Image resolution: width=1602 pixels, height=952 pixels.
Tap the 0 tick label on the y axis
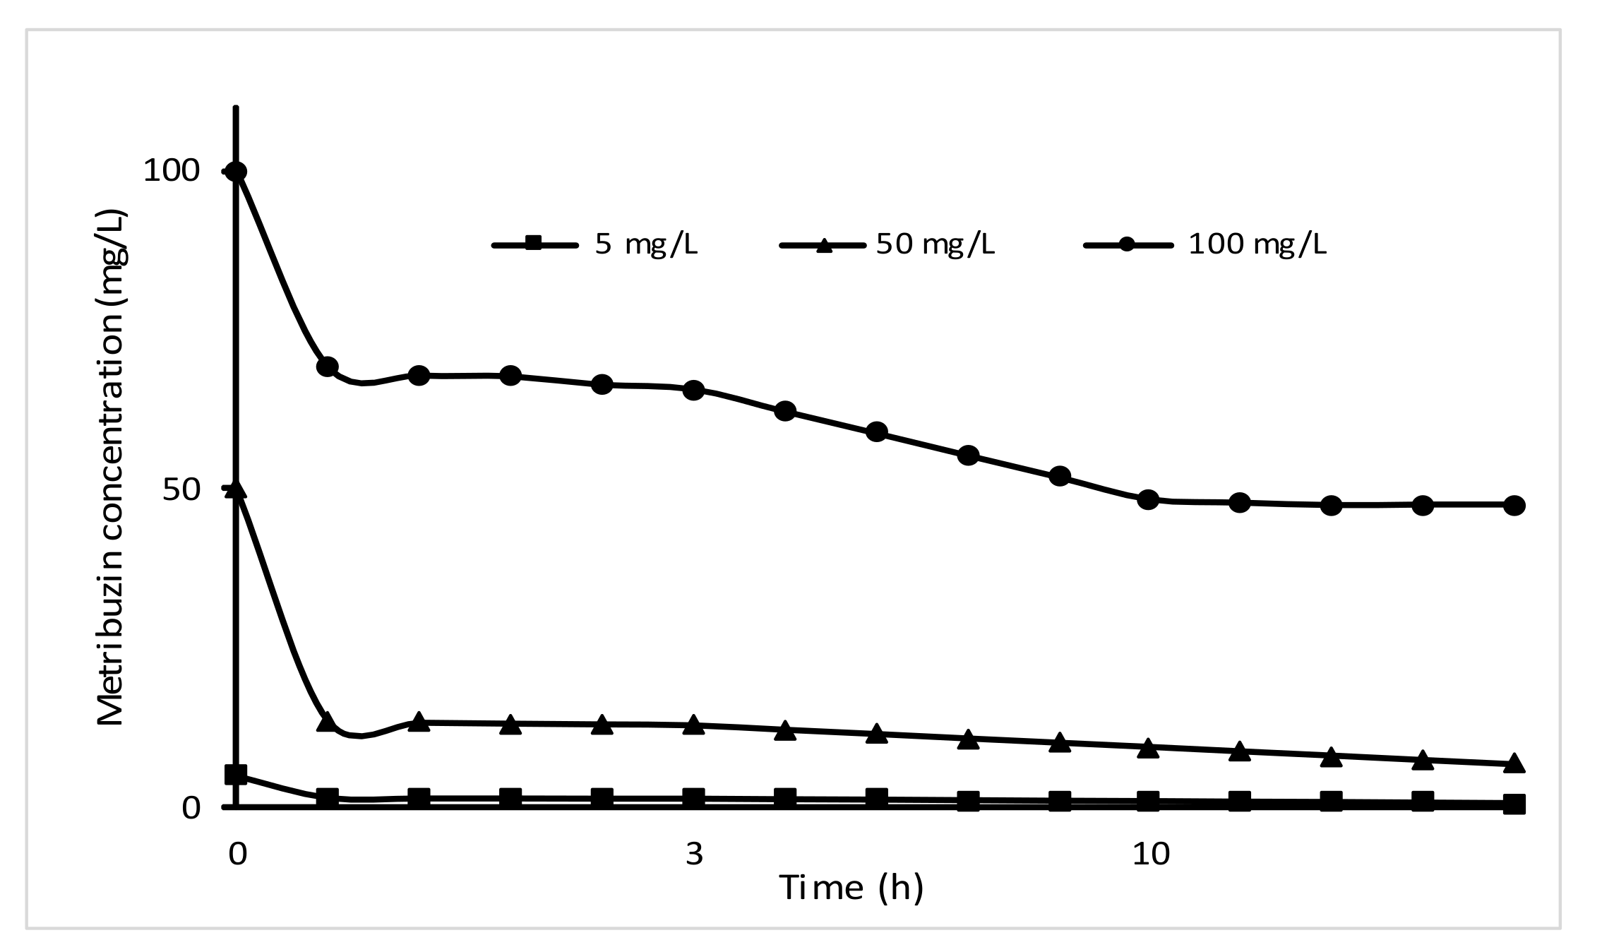pos(191,807)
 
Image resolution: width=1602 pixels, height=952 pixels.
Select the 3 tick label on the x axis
pos(694,854)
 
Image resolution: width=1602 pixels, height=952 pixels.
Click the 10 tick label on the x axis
pos(1150,854)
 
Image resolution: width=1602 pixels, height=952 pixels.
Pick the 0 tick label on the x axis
pos(238,854)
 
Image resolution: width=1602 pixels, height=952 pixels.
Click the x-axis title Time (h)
pos(851,887)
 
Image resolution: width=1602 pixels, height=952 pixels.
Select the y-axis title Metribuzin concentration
pos(111,468)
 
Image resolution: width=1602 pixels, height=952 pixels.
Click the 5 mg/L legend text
pos(646,244)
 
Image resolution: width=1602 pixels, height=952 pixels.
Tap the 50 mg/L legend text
pos(935,244)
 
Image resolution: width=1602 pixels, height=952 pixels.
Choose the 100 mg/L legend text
pos(1257,244)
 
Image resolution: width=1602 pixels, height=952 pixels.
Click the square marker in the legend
pos(534,245)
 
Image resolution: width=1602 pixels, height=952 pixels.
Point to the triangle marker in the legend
pos(823,245)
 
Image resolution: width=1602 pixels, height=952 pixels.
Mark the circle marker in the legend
pos(1128,245)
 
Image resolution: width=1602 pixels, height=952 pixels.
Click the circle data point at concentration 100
pos(237,172)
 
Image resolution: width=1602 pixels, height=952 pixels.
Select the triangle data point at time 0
pos(237,489)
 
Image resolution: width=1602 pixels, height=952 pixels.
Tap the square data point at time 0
pos(237,775)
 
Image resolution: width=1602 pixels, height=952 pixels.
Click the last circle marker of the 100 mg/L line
pos(1514,505)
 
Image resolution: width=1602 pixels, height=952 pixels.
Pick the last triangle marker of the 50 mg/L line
pos(1514,763)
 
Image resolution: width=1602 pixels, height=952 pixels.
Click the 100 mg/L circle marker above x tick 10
pos(1149,499)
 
